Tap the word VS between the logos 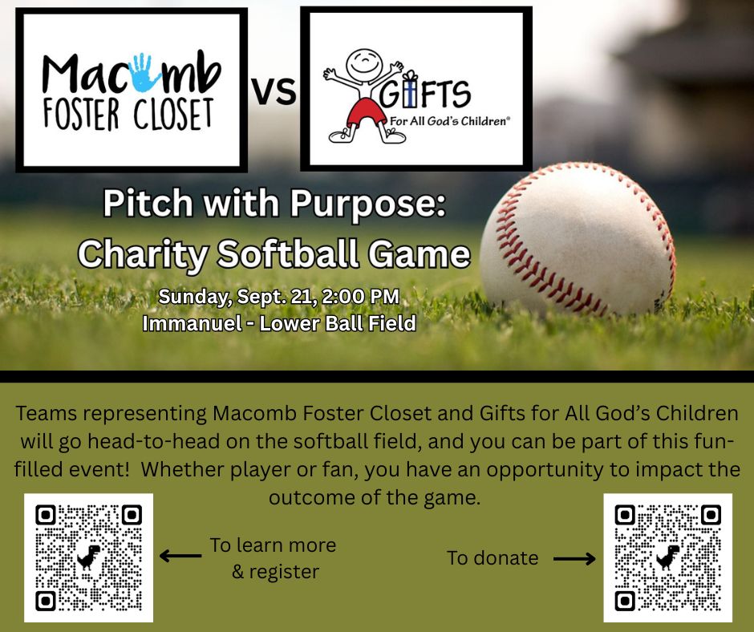274,91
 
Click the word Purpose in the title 368,204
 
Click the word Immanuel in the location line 193,323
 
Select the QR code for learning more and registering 88,557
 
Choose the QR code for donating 668,557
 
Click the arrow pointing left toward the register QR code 180,556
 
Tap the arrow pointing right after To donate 574,559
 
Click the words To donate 493,558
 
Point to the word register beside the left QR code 284,573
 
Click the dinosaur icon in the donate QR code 668,557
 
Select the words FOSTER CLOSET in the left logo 128,115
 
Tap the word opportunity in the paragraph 545,470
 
